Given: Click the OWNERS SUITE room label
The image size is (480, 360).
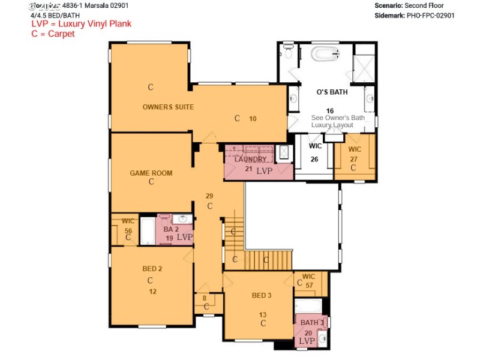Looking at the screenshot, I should pyautogui.click(x=168, y=107).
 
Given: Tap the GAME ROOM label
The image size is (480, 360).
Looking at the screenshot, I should pyautogui.click(x=151, y=173).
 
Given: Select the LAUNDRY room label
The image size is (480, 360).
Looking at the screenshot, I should pyautogui.click(x=251, y=160).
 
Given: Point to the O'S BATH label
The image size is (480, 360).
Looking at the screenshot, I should pyautogui.click(x=332, y=92).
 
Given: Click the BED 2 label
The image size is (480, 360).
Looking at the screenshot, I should pyautogui.click(x=152, y=268).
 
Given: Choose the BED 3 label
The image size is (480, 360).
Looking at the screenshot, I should pyautogui.click(x=262, y=295).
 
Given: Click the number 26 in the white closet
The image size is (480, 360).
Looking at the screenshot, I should pyautogui.click(x=314, y=160).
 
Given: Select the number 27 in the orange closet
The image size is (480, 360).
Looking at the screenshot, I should pyautogui.click(x=354, y=160).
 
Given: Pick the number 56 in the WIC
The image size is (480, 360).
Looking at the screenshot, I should pyautogui.click(x=128, y=230).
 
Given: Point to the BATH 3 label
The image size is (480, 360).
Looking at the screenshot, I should pyautogui.click(x=313, y=323).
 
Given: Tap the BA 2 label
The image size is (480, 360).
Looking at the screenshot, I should pyautogui.click(x=171, y=229).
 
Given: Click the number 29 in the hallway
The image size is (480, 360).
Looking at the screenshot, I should pyautogui.click(x=209, y=196).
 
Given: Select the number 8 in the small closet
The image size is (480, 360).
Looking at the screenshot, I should pyautogui.click(x=205, y=298).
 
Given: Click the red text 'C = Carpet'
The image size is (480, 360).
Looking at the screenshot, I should pyautogui.click(x=53, y=34).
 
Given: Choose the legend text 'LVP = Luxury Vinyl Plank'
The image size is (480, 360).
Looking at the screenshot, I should pyautogui.click(x=81, y=24).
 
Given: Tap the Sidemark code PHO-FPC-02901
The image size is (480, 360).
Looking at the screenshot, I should pyautogui.click(x=430, y=16).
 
